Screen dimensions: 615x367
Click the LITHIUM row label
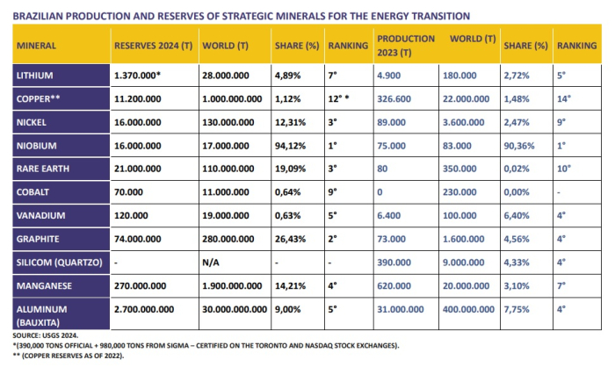(x=34, y=76)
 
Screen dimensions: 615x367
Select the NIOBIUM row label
(x=37, y=146)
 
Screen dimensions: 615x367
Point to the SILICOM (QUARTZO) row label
(x=59, y=263)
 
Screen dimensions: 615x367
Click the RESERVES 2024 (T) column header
(x=154, y=46)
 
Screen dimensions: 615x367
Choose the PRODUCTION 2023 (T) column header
(x=406, y=46)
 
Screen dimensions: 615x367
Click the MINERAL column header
(x=36, y=46)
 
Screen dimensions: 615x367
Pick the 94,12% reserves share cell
(x=290, y=146)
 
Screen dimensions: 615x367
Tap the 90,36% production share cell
(x=519, y=146)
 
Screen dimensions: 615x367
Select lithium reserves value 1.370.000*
(x=137, y=76)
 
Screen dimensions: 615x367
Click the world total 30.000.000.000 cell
(x=235, y=309)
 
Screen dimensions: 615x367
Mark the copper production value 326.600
(x=394, y=99)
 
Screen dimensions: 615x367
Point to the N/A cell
(x=211, y=263)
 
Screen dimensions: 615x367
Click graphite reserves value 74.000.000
(x=137, y=239)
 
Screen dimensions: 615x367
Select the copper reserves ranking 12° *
(x=338, y=99)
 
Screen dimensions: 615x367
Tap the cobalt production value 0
(x=380, y=192)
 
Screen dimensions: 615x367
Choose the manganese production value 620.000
(x=394, y=286)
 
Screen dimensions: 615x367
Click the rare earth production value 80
(x=382, y=169)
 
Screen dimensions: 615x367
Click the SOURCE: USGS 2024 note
(x=46, y=335)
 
